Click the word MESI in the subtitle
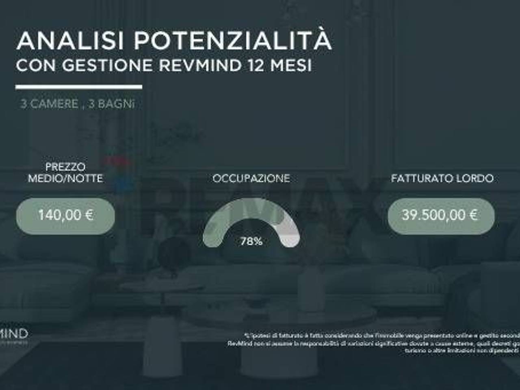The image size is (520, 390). (x=291, y=65)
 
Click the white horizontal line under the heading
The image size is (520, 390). (x=79, y=87)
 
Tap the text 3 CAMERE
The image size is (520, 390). (x=49, y=104)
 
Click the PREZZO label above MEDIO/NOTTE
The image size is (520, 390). (x=65, y=167)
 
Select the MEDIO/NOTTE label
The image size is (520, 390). (x=65, y=178)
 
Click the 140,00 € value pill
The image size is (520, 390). (x=65, y=215)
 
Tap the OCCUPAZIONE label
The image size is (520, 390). (x=251, y=178)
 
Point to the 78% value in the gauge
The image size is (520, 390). (x=251, y=241)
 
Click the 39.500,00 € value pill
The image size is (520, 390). (x=441, y=215)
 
